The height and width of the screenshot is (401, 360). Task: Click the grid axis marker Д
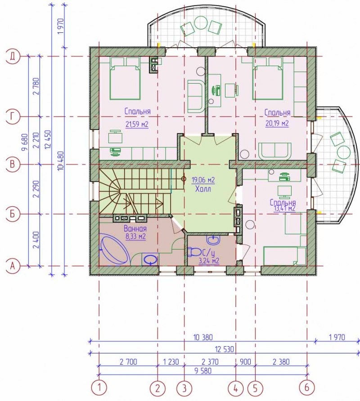(x=12, y=56)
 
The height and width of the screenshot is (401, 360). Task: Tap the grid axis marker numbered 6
(x=306, y=388)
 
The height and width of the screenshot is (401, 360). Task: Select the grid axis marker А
(x=12, y=266)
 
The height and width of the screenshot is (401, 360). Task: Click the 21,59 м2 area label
(x=137, y=125)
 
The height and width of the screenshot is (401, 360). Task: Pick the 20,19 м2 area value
(x=277, y=124)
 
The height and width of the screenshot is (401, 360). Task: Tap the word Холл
(x=203, y=189)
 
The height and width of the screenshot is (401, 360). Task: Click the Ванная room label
(x=135, y=228)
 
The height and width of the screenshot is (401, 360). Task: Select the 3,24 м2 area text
(x=209, y=261)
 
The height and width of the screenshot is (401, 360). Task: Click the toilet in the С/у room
(x=194, y=252)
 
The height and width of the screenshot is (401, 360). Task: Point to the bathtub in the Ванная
(x=114, y=250)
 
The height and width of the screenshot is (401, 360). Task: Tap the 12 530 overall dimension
(x=224, y=349)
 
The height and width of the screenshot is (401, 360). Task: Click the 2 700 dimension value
(x=128, y=361)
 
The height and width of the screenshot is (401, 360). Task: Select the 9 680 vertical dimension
(x=25, y=142)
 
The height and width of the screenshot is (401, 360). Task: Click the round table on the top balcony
(x=201, y=22)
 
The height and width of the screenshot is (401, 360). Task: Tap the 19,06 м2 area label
(x=203, y=180)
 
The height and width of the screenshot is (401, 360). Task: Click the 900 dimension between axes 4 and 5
(x=245, y=361)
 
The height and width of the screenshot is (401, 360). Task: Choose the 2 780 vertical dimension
(x=36, y=86)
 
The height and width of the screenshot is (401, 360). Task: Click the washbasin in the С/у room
(x=213, y=240)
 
